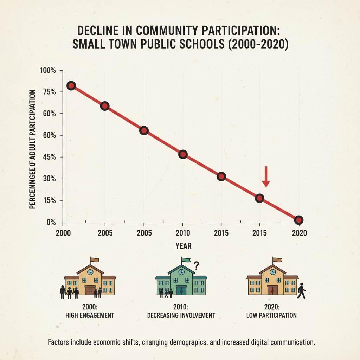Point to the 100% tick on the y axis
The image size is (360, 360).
click(48, 70)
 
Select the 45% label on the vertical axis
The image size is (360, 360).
click(49, 157)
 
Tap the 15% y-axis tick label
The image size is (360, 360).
click(49, 201)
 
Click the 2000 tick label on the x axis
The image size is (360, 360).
click(63, 233)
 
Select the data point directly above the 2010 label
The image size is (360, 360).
click(182, 154)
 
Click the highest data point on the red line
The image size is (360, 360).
click(71, 86)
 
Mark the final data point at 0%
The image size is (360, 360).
click(298, 220)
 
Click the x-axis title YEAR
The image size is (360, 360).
click(184, 246)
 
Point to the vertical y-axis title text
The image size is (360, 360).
click(33, 149)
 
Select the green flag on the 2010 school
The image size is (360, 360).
click(186, 260)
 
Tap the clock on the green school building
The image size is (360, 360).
click(181, 272)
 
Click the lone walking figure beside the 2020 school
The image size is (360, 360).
click(301, 291)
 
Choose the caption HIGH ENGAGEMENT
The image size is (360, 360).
click(90, 315)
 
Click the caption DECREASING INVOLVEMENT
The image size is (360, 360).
click(181, 315)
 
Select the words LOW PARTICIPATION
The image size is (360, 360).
click(272, 315)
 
